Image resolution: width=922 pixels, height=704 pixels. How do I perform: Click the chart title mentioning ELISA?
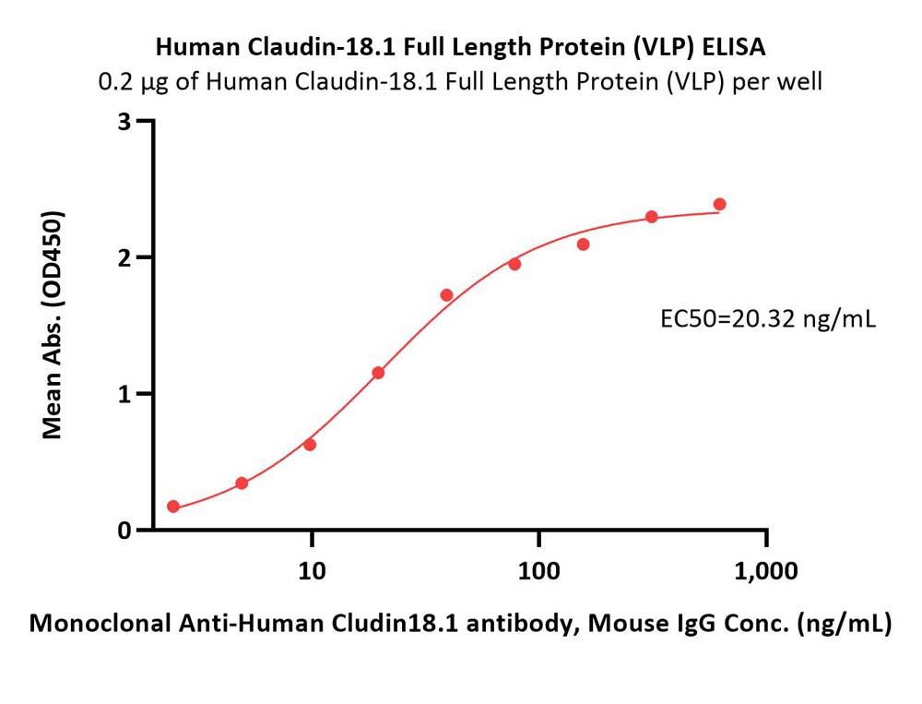click(460, 45)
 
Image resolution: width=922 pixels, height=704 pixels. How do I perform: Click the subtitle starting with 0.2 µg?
click(460, 82)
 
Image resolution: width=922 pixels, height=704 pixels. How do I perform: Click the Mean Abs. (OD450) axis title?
click(53, 325)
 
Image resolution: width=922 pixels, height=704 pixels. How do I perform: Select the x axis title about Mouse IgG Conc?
click(460, 625)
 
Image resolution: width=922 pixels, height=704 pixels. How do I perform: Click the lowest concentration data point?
click(173, 507)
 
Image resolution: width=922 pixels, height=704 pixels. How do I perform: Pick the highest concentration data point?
click(719, 204)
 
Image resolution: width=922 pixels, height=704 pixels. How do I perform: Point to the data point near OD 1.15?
click(378, 373)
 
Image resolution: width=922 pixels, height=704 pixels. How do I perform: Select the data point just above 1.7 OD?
click(446, 295)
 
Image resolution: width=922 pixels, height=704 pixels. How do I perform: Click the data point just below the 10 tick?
click(310, 445)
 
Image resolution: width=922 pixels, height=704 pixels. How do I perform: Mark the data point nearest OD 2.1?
click(583, 245)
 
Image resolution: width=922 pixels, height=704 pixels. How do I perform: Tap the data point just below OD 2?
click(514, 264)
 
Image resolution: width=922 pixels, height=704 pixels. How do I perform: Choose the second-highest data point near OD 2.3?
click(651, 217)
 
